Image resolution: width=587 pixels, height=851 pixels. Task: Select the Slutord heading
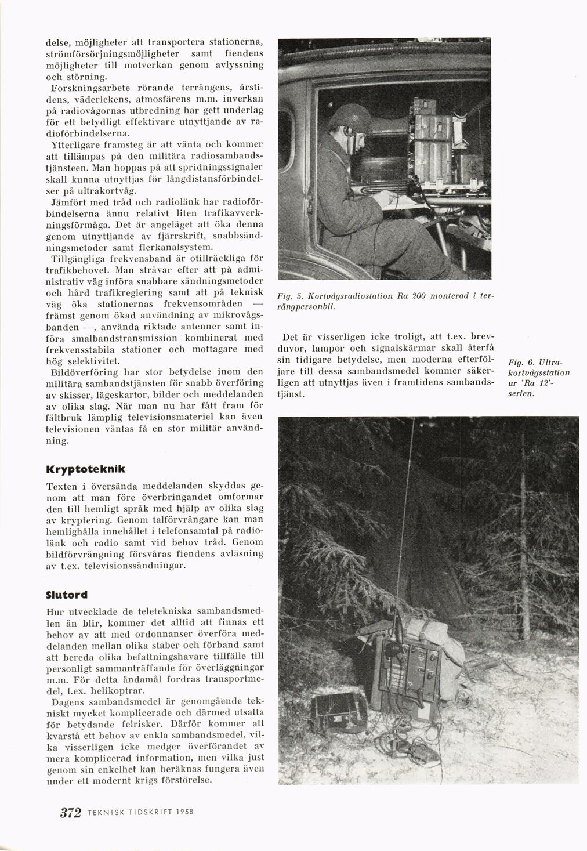pos(66,595)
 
